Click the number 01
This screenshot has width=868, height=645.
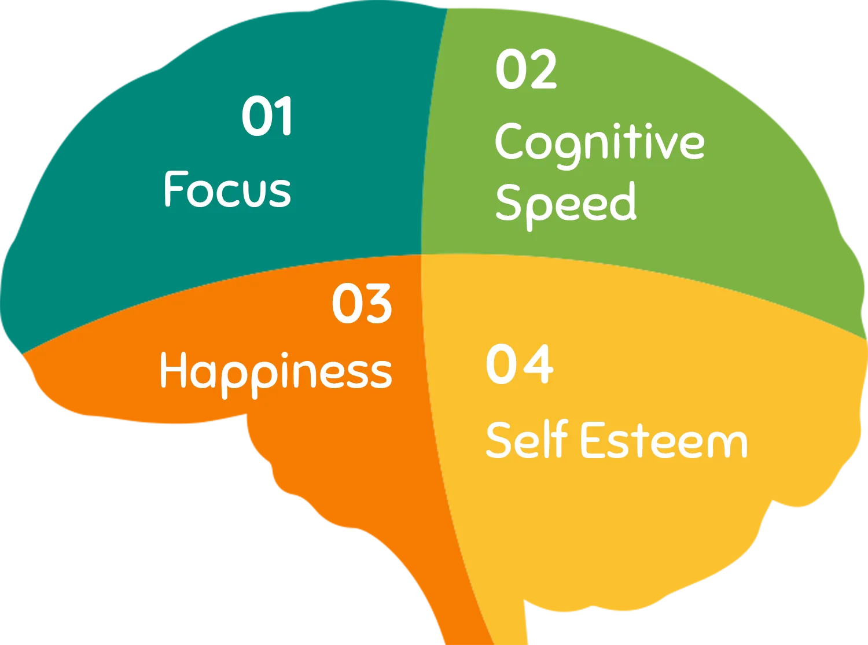(x=267, y=116)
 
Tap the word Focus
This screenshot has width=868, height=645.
(x=227, y=189)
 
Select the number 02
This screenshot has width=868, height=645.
(x=525, y=69)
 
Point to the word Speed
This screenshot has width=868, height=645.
(x=566, y=206)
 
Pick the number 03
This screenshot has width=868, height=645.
(x=362, y=303)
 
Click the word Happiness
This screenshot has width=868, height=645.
(x=276, y=374)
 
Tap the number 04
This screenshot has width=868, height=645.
(x=519, y=364)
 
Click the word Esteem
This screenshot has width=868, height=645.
(x=664, y=440)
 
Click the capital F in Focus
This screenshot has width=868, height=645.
(x=174, y=189)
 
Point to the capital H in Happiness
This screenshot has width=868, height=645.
(x=174, y=370)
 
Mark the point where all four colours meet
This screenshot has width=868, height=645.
(x=421, y=255)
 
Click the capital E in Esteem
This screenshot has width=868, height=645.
(x=593, y=440)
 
